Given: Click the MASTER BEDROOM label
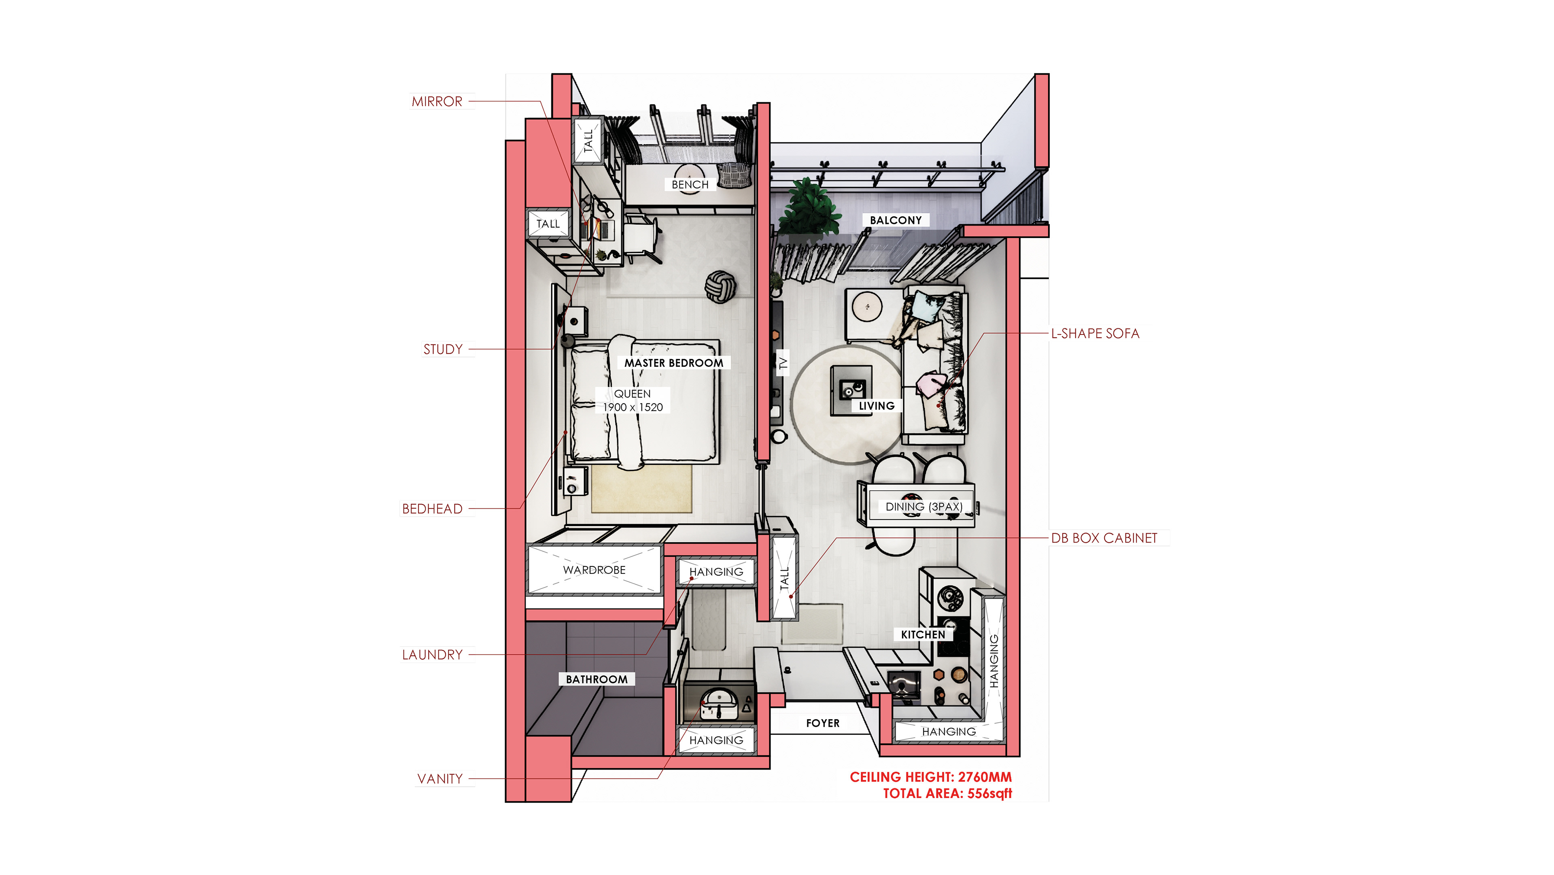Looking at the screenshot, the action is (x=673, y=363).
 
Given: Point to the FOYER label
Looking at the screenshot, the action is (x=822, y=723).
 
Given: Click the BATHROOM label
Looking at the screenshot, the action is (x=596, y=679).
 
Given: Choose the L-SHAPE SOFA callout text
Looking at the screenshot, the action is (x=1095, y=334).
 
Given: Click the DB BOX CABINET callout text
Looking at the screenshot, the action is (x=1104, y=538).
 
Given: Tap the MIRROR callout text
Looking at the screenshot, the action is (x=437, y=101).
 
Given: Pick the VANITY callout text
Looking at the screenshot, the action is (x=440, y=779).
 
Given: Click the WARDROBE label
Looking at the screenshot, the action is (x=594, y=570).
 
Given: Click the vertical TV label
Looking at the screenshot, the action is (x=782, y=363).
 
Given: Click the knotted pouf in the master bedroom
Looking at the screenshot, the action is (x=720, y=287).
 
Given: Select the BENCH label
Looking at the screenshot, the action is (x=690, y=185).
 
